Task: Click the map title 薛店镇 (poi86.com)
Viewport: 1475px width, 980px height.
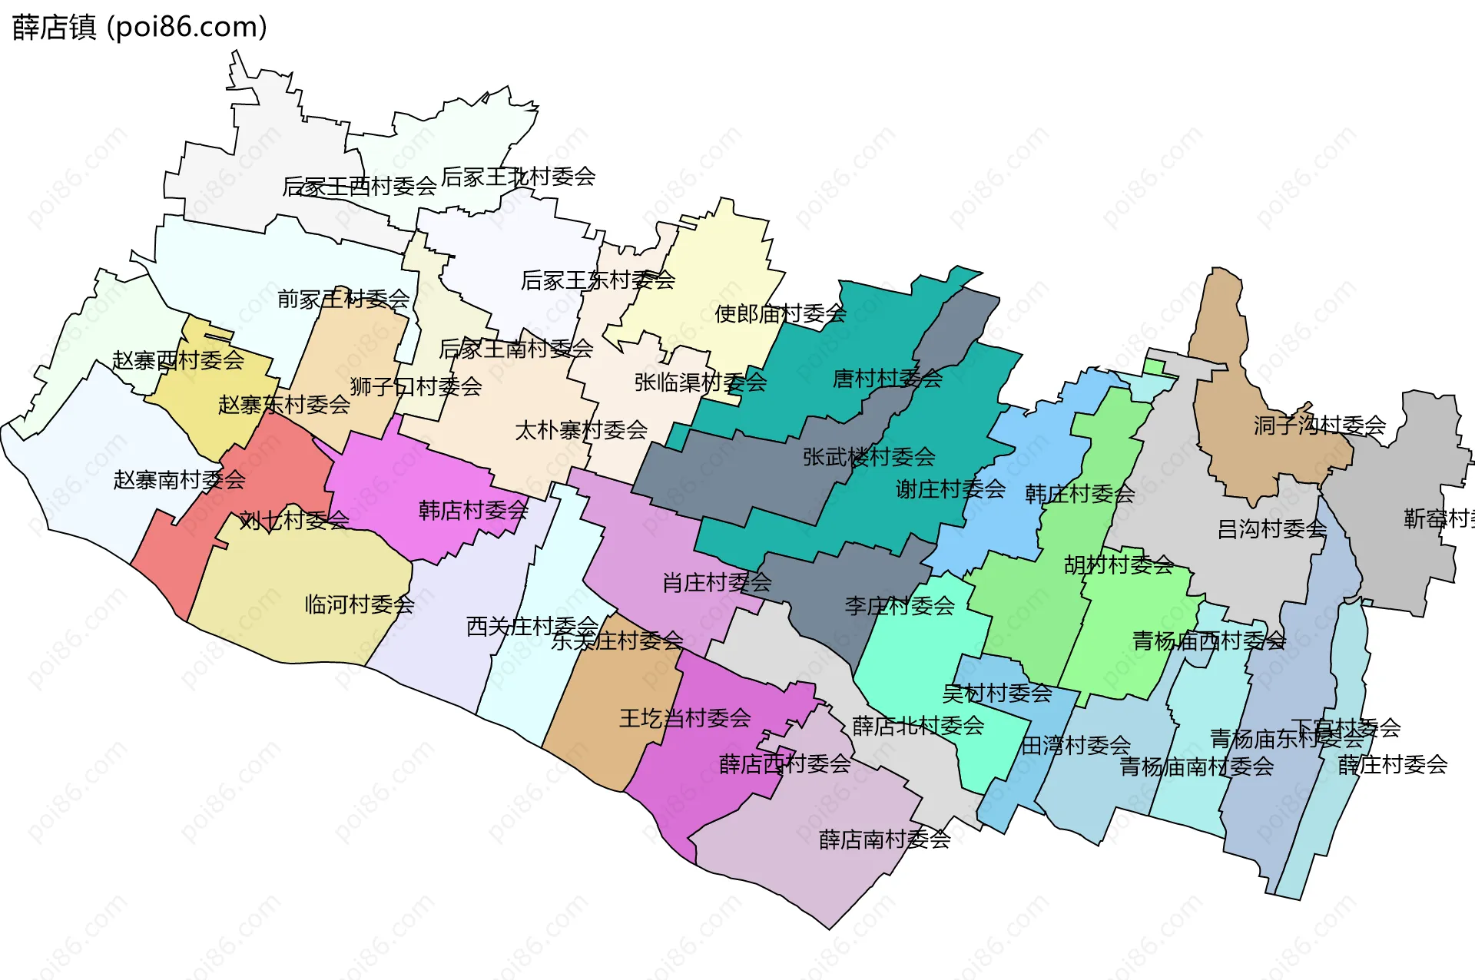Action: coord(139,27)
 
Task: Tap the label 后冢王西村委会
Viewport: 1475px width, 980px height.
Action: coord(360,186)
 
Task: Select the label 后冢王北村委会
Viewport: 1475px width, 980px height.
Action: coord(519,177)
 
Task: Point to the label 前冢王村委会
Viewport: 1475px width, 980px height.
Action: coord(343,299)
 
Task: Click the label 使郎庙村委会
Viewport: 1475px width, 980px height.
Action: coord(781,313)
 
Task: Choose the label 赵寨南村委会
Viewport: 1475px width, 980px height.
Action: coord(179,480)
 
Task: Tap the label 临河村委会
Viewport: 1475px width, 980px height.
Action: coord(360,604)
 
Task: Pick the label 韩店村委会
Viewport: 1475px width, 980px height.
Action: coord(473,510)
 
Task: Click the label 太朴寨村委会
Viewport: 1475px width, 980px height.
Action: coord(581,430)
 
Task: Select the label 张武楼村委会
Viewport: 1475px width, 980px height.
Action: coord(869,457)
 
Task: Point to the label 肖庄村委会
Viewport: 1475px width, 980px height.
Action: coord(717,583)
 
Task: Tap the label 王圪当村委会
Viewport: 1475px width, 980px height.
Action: coord(684,718)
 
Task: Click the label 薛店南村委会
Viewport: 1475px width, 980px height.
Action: coord(884,839)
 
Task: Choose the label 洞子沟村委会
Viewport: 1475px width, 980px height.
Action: coord(1319,425)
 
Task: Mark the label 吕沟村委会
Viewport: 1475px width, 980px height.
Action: coord(1271,528)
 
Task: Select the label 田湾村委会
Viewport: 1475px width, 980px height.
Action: coord(1076,745)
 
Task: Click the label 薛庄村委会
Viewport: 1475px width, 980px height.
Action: coord(1392,764)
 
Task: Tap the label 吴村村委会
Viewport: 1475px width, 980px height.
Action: coord(996,694)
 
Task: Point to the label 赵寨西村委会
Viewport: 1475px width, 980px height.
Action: coord(178,359)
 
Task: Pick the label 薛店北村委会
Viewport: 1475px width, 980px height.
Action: coord(918,726)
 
